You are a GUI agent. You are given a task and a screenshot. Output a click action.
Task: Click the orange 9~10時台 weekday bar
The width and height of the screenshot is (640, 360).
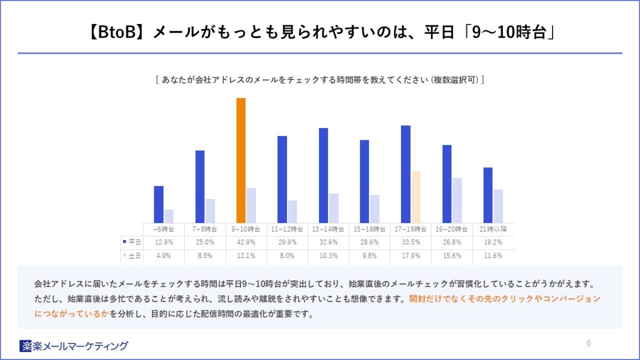click(241, 160)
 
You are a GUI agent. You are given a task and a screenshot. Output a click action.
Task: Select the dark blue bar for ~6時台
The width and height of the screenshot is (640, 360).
click(158, 204)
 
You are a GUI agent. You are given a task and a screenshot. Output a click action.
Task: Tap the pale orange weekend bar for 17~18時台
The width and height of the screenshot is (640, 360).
click(416, 197)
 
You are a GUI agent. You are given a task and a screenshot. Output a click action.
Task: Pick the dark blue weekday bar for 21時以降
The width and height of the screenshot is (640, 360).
click(488, 195)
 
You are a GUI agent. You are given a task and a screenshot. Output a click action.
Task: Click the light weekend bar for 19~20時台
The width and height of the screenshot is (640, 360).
click(457, 200)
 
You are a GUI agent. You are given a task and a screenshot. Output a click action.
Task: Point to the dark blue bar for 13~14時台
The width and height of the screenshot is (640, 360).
click(323, 175)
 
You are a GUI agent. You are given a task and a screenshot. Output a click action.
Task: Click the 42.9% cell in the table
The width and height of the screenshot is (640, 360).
click(246, 242)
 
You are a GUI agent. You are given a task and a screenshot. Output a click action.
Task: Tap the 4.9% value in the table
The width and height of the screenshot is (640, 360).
click(163, 255)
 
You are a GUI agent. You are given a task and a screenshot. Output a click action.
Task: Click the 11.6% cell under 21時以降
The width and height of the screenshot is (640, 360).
click(493, 255)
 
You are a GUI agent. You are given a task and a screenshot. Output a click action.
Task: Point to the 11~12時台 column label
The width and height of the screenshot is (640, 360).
click(287, 229)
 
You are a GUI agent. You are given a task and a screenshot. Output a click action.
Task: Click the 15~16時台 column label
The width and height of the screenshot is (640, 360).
click(369, 229)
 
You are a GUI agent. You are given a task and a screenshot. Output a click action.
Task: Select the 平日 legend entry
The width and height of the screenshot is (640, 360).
click(132, 242)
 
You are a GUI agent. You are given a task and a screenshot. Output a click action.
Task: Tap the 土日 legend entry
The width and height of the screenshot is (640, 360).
click(132, 255)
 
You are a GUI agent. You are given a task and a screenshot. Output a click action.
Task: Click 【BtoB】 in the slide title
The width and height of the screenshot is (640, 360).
click(115, 33)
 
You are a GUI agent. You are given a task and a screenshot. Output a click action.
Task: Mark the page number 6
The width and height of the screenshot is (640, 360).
click(588, 343)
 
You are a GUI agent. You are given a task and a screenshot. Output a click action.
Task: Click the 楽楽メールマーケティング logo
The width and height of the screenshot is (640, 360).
click(74, 346)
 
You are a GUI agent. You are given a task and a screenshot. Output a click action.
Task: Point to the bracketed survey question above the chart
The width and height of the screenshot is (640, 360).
click(319, 80)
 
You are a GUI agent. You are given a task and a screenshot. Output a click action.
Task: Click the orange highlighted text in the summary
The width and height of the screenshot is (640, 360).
click(504, 299)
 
